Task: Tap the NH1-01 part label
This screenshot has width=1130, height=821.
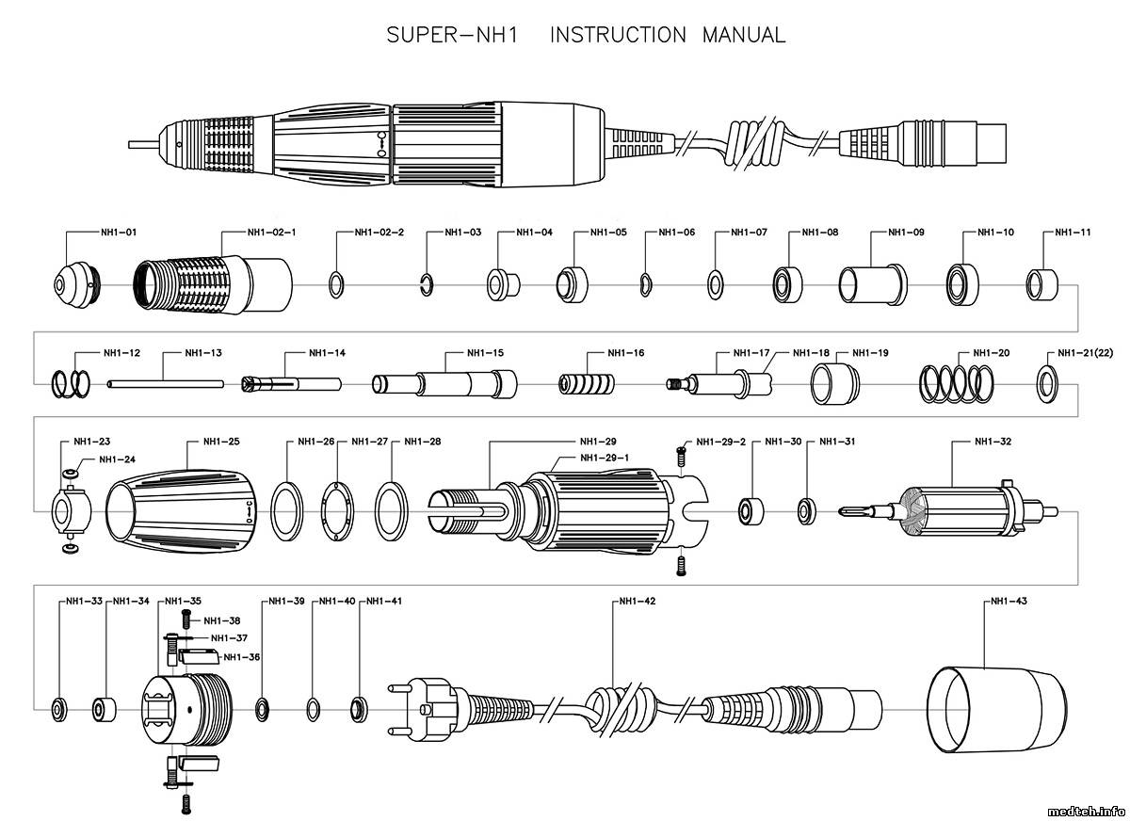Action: [119, 231]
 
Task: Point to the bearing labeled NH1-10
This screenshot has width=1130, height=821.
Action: [963, 282]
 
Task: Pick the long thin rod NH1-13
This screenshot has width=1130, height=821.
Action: [165, 383]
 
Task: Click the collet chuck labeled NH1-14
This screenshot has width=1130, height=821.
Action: [291, 383]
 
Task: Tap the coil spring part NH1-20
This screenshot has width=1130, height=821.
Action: [957, 383]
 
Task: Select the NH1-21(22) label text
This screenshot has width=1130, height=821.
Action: [1085, 353]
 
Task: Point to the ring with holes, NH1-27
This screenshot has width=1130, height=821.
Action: [336, 510]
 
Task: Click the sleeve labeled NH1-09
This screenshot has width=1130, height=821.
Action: [872, 283]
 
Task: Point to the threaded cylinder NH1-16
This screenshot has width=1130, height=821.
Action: [587, 384]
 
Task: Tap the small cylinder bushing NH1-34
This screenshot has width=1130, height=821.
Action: [104, 708]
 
